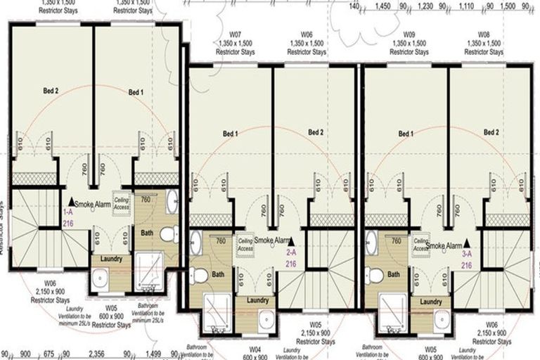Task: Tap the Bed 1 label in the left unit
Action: (x=136, y=92)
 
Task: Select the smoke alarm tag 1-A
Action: (x=68, y=211)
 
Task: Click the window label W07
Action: (x=234, y=34)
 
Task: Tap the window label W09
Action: (x=409, y=34)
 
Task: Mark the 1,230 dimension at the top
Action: (x=425, y=6)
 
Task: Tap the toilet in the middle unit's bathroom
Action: (x=200, y=276)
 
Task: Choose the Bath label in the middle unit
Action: (x=219, y=274)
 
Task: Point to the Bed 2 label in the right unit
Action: (x=491, y=132)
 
